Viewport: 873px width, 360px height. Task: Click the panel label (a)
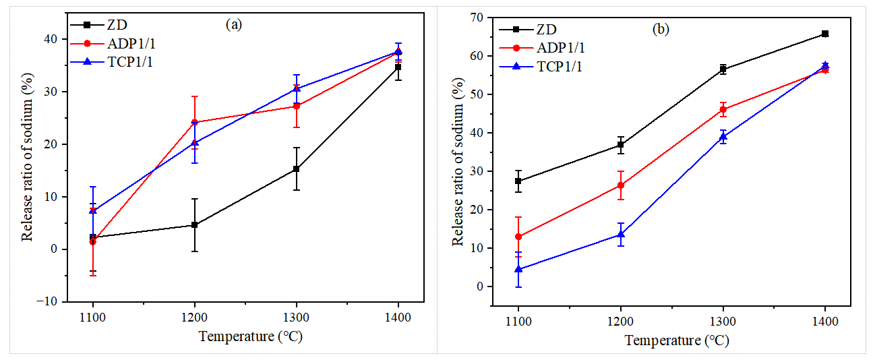point(233,25)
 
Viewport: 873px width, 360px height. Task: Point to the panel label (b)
point(661,29)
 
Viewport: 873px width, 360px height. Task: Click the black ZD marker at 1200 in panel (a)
point(195,224)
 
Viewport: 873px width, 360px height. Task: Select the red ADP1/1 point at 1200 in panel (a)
point(195,122)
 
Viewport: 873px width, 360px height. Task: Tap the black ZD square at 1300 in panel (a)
point(297,169)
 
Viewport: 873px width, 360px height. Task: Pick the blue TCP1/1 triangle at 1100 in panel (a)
point(93,210)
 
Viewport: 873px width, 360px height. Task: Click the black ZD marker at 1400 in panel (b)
point(825,34)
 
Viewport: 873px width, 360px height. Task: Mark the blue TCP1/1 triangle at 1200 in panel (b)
point(620,234)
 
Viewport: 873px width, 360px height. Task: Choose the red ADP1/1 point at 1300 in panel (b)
point(723,109)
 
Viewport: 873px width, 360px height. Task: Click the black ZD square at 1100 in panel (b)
point(518,181)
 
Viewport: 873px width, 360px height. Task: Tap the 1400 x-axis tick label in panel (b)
point(825,322)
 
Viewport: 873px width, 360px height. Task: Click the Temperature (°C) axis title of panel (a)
point(246,336)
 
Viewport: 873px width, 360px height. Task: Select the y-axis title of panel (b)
point(458,161)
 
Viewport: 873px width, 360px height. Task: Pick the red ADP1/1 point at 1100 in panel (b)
point(518,237)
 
